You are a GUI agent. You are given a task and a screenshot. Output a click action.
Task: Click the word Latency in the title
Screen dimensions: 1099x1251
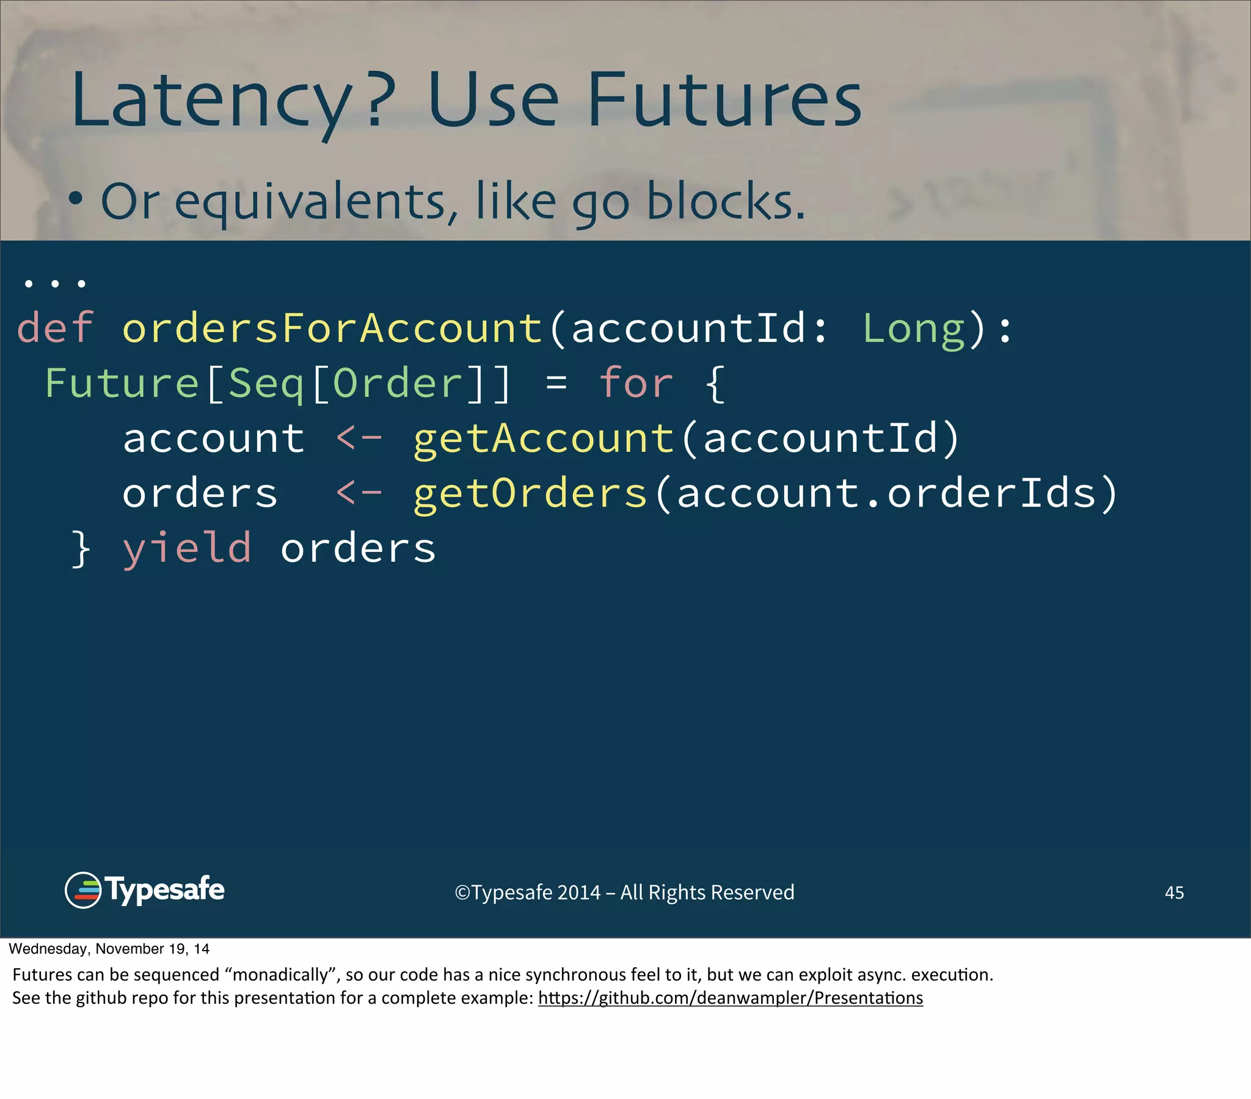click(211, 101)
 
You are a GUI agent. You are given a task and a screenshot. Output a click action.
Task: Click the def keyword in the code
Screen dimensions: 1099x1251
click(55, 328)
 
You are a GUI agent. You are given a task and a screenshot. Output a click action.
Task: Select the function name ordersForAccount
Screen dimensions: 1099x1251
click(332, 328)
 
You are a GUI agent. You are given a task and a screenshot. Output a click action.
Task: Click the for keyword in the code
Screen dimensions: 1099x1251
click(636, 383)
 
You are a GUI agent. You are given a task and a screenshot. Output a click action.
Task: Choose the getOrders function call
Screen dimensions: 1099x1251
click(530, 493)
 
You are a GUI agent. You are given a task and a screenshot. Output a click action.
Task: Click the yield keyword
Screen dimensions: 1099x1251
click(187, 548)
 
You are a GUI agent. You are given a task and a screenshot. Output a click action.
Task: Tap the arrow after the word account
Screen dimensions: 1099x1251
click(359, 438)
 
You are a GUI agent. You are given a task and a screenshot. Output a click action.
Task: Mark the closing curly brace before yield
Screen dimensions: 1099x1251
click(81, 548)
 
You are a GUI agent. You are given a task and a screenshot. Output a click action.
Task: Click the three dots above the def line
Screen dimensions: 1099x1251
click(54, 283)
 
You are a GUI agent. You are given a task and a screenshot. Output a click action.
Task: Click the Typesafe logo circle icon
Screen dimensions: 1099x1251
click(82, 890)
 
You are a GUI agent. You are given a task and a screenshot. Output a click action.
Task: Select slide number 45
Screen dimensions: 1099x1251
click(1174, 892)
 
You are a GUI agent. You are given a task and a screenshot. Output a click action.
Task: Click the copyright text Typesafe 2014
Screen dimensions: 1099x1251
click(624, 892)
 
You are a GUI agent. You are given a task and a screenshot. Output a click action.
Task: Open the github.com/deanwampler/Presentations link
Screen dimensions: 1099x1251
click(730, 998)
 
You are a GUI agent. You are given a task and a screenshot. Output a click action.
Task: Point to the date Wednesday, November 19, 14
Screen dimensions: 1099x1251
click(109, 948)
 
